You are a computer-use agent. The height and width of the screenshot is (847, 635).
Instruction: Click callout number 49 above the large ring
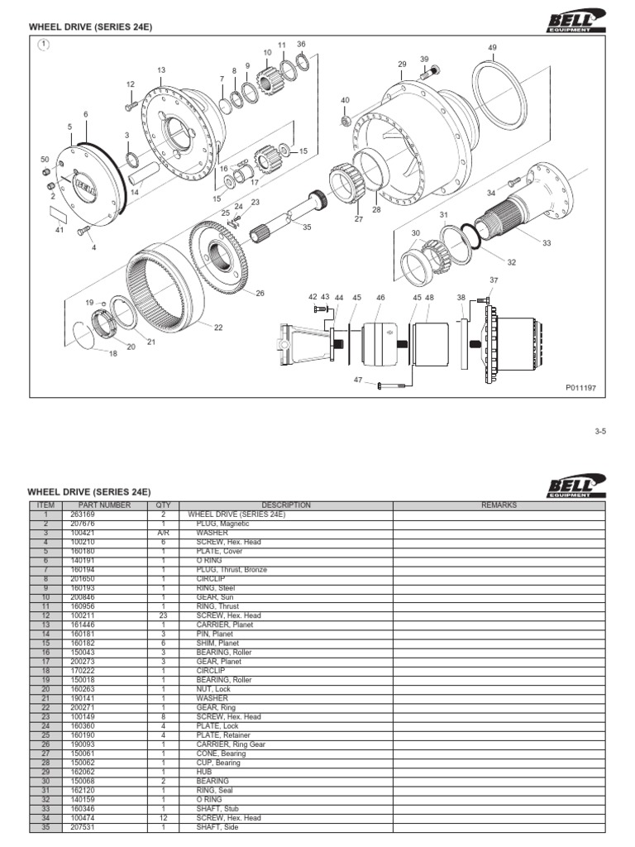coord(492,48)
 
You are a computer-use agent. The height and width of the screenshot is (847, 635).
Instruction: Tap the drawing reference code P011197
coord(580,385)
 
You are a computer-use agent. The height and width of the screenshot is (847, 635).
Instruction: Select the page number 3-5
coord(600,431)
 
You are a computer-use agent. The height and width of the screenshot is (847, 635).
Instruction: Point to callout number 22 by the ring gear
coord(218,328)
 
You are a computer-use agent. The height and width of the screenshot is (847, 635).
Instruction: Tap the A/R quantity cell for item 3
coord(163,534)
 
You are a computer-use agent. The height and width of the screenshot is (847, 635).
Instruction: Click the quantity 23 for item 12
coord(163,615)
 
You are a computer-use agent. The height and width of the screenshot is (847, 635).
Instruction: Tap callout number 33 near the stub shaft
coord(546,243)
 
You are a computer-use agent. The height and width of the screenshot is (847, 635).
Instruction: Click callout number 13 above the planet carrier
coord(161,70)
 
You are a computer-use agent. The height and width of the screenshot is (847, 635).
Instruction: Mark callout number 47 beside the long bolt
coord(358,380)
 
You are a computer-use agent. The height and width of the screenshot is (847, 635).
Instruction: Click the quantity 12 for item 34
coord(163,817)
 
